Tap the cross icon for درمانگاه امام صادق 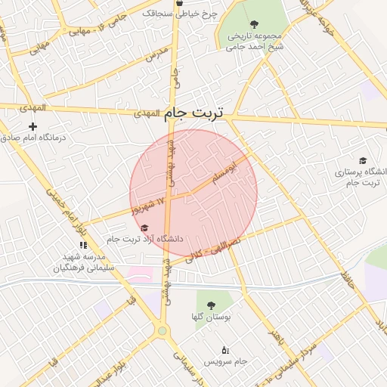[x=33, y=126]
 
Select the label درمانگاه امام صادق [x=33, y=138]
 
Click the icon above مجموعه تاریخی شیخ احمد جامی [x=253, y=24]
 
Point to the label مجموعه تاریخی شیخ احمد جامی [x=253, y=41]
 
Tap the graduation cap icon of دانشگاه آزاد [x=144, y=228]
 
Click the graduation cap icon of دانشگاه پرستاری [x=363, y=161]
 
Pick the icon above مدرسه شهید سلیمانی [x=83, y=245]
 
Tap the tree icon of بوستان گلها [x=210, y=305]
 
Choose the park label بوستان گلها [x=210, y=317]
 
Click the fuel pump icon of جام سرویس [x=225, y=349]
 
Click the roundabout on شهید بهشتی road [x=162, y=330]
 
